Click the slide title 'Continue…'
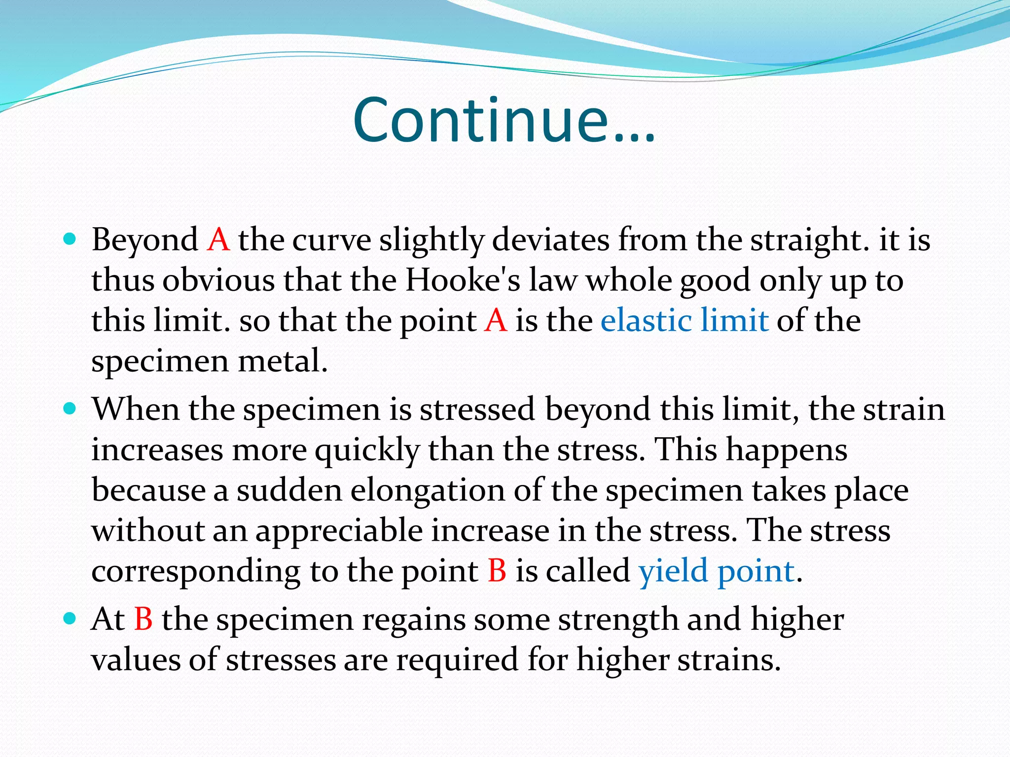tap(504, 120)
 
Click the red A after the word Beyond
tap(218, 240)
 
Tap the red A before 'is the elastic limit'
tap(496, 321)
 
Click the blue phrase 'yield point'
tap(716, 571)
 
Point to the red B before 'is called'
tap(497, 571)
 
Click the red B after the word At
tap(143, 619)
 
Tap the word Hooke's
tap(463, 280)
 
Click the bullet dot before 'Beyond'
tap(71, 240)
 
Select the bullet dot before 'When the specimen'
tap(71, 409)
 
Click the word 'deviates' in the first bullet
tap(551, 240)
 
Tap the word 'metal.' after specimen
tap(283, 361)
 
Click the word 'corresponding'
tap(196, 572)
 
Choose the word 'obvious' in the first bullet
tap(218, 280)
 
